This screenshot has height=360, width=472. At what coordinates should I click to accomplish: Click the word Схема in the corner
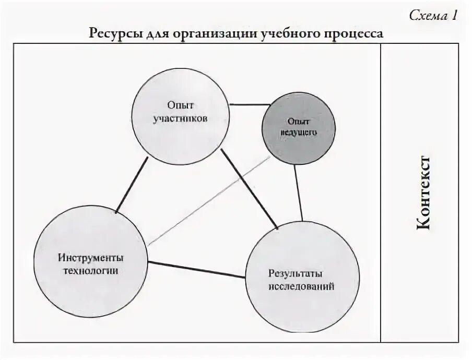(x=426, y=16)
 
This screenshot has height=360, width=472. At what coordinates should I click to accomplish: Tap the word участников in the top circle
(x=181, y=118)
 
